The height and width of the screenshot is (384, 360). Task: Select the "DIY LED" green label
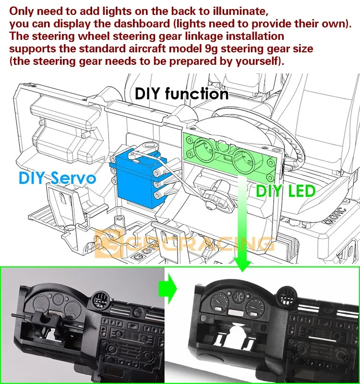(x=286, y=191)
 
